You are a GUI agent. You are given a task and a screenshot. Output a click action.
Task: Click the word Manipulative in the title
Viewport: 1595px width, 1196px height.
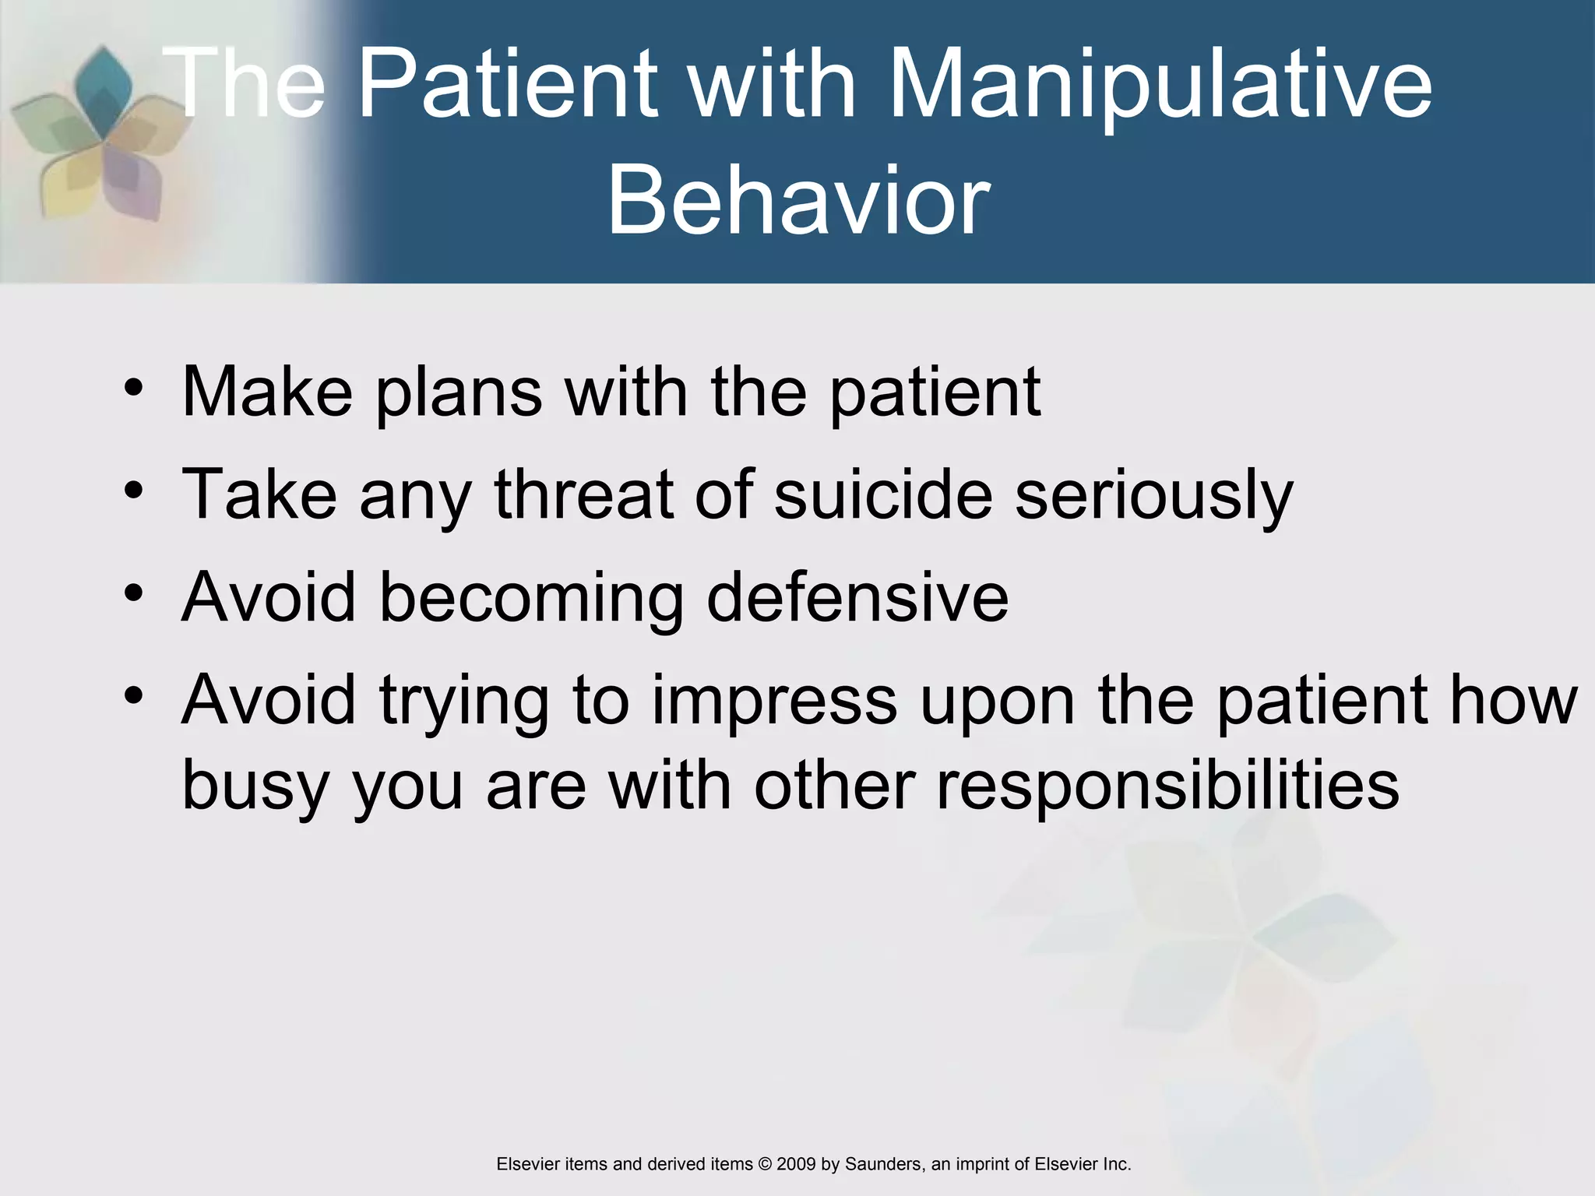point(1160,84)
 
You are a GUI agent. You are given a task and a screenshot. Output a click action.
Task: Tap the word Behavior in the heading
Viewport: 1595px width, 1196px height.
point(798,201)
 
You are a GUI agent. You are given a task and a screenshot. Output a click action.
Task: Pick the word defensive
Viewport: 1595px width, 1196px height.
point(857,597)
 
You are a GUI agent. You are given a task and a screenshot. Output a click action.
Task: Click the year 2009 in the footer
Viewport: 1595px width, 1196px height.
point(796,1164)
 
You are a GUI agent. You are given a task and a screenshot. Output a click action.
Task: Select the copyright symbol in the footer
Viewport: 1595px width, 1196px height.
point(765,1164)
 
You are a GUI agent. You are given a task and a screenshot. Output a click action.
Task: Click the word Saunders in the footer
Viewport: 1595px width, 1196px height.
point(882,1164)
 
